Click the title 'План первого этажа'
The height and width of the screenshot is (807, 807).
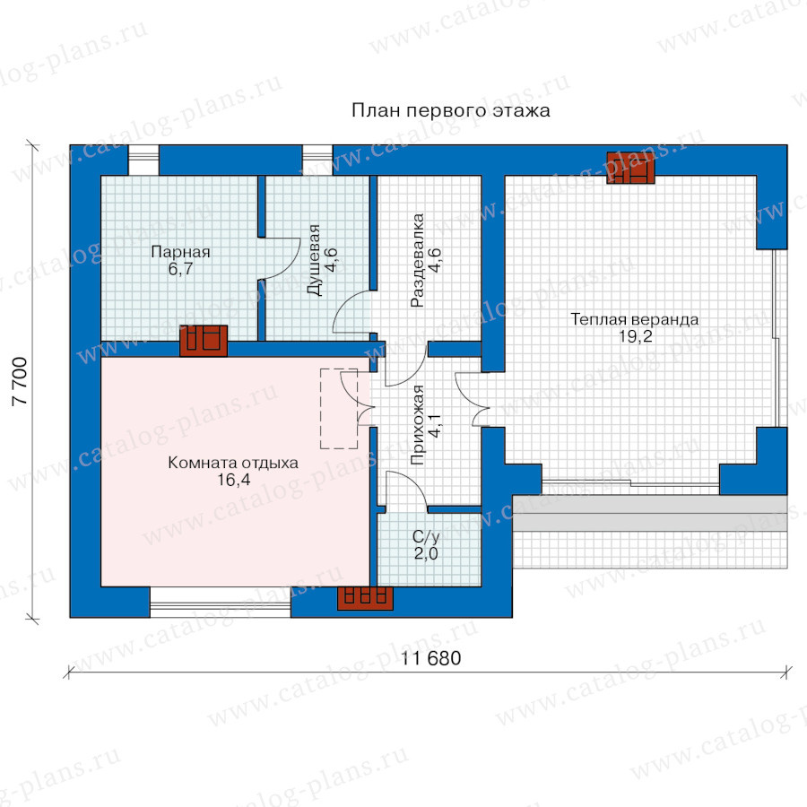(x=451, y=110)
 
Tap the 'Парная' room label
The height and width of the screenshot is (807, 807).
(x=180, y=252)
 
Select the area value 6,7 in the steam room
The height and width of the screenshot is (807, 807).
(x=180, y=269)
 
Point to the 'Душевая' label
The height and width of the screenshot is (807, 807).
(x=314, y=260)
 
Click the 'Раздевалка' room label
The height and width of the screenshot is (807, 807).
(x=417, y=260)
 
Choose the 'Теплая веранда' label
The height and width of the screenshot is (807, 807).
(x=635, y=319)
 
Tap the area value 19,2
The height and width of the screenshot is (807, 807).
(x=635, y=336)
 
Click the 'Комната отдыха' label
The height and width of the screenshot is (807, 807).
(x=233, y=463)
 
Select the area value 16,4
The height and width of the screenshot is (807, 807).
(x=233, y=480)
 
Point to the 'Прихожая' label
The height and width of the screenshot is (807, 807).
(x=418, y=425)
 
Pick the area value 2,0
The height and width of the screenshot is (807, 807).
(x=426, y=553)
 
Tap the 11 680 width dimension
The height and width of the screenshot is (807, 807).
(x=430, y=658)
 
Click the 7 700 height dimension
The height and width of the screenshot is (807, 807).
(x=20, y=381)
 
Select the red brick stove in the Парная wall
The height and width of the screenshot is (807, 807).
(x=204, y=341)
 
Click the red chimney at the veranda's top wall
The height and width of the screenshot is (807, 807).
(x=630, y=168)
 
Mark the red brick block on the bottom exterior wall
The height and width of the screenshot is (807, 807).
(x=365, y=599)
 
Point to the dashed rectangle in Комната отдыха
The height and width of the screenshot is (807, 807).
(x=339, y=409)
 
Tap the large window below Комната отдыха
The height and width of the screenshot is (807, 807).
(x=221, y=603)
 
